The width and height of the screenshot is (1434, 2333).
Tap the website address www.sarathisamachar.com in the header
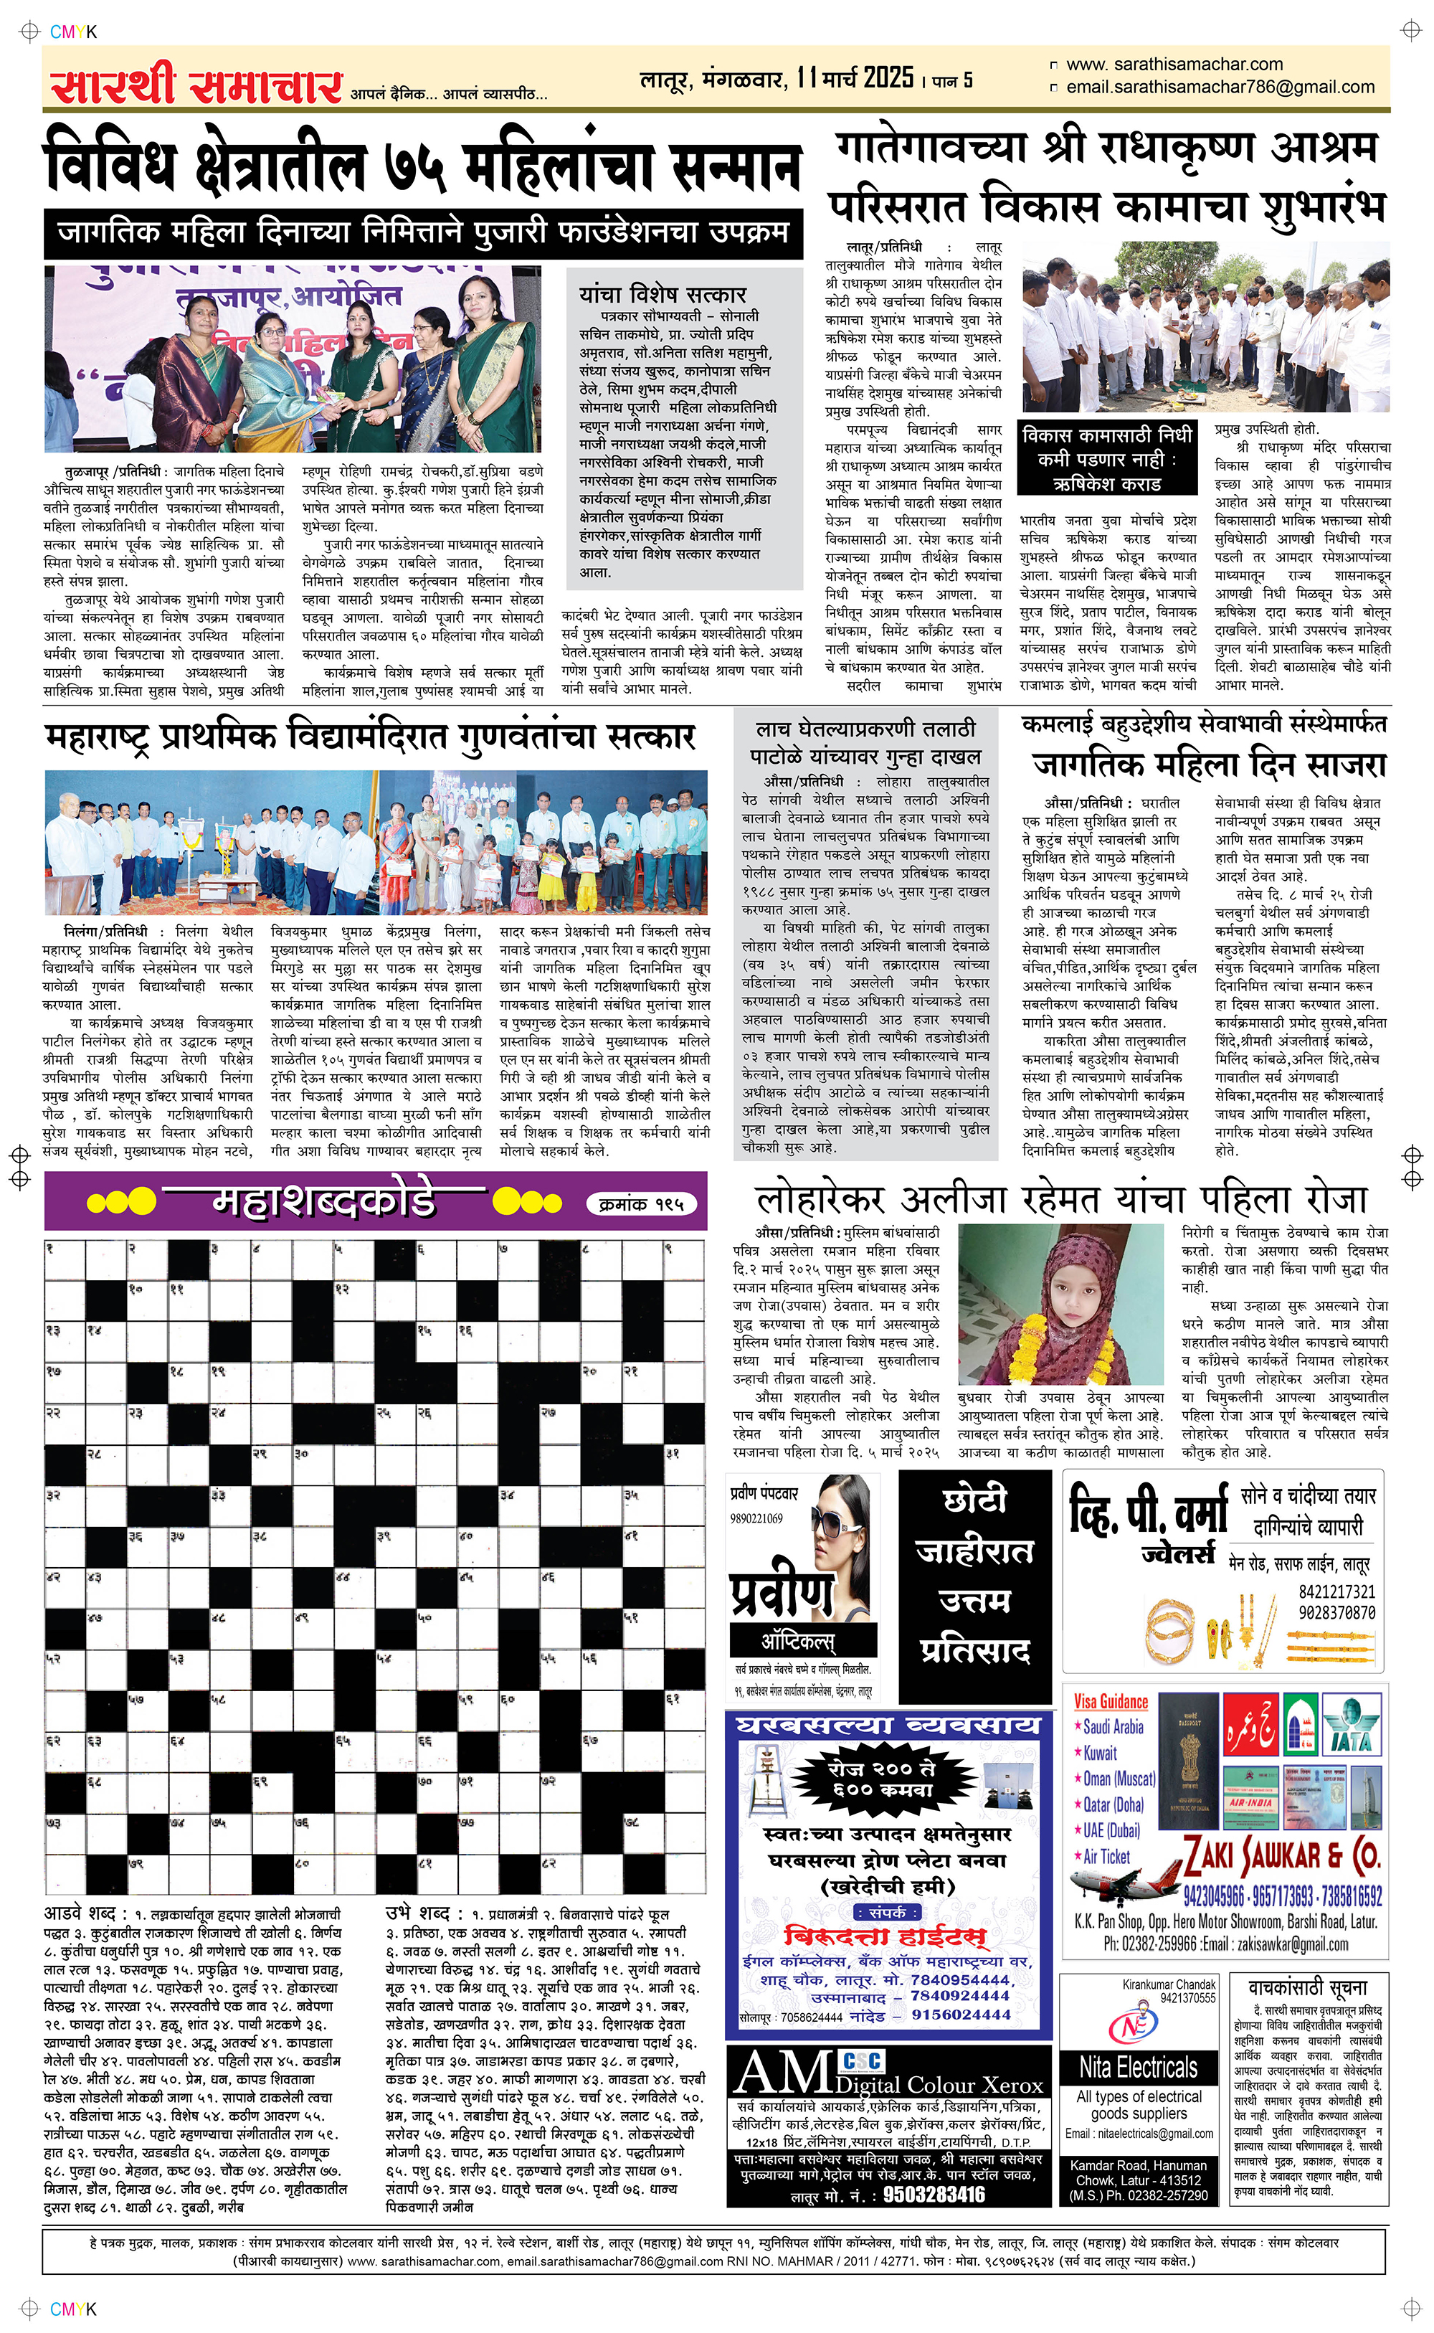[1174, 65]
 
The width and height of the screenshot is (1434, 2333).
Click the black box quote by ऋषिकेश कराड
[1107, 459]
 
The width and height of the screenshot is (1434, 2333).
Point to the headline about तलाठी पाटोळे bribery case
[865, 742]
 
